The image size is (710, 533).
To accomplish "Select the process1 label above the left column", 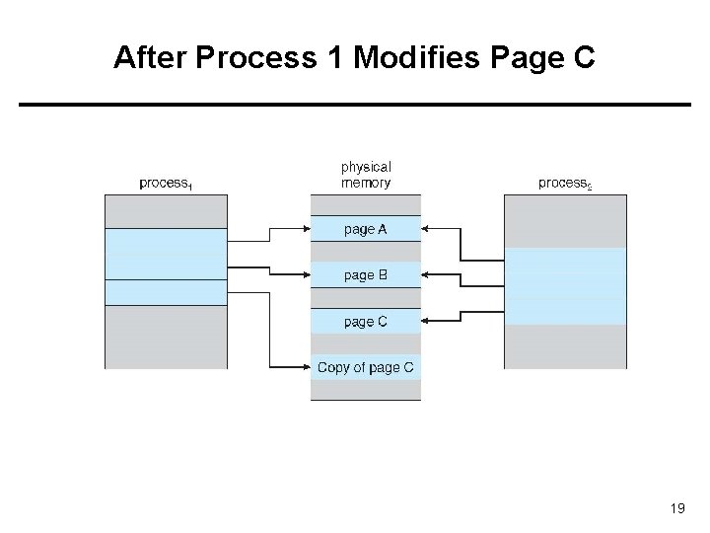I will (166, 183).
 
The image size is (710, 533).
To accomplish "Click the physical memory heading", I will (365, 175).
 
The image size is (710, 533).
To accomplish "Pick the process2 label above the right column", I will (565, 183).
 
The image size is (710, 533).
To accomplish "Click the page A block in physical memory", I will (365, 229).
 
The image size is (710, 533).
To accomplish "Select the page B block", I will (365, 275).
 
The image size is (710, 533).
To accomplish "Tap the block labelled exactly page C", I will (365, 322).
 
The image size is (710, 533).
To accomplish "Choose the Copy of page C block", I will (365, 368).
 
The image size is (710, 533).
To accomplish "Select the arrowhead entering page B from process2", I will (427, 274).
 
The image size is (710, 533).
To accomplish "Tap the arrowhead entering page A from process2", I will (427, 229).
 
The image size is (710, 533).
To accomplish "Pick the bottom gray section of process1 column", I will (166, 337).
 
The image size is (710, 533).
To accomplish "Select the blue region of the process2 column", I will (565, 285).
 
